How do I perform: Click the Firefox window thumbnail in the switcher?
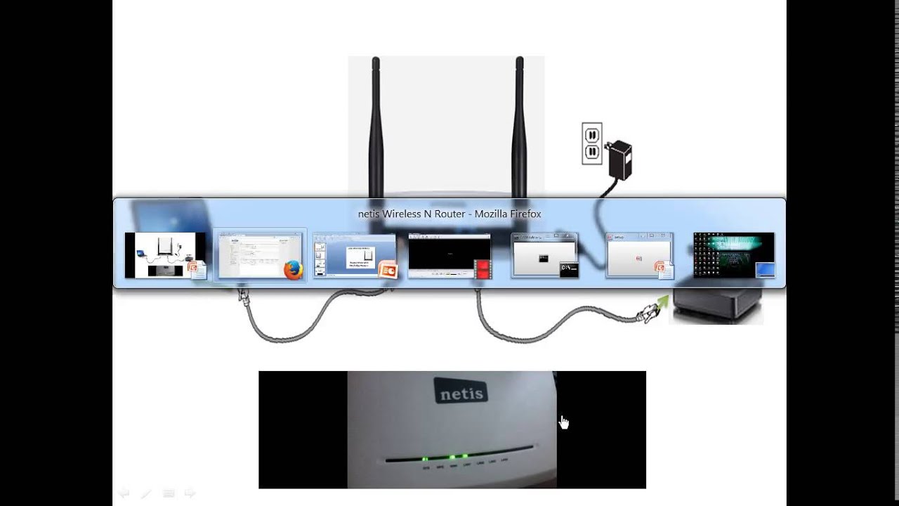pos(259,254)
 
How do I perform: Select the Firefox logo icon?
pos(293,270)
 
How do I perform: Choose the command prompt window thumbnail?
pos(544,254)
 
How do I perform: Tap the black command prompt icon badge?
pos(568,269)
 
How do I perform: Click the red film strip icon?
pos(483,270)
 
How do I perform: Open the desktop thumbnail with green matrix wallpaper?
pos(733,254)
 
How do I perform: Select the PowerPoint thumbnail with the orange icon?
pos(354,254)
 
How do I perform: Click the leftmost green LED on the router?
pos(425,459)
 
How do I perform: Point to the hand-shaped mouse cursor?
pos(563,422)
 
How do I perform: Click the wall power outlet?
pos(591,143)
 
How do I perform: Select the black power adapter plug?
pos(619,159)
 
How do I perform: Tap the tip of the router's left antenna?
pos(376,61)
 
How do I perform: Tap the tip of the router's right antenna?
pos(520,61)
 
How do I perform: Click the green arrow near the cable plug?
pos(661,304)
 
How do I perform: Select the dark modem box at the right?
pos(717,305)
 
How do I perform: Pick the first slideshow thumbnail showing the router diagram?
pos(164,254)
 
